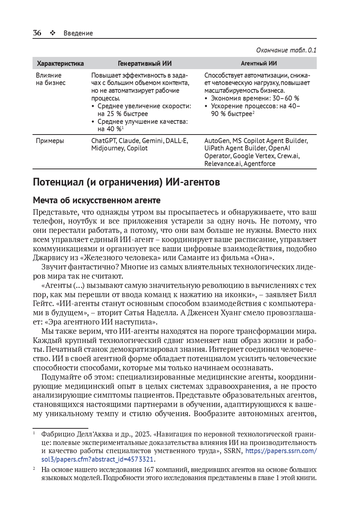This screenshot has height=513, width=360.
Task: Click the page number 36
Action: coord(37,33)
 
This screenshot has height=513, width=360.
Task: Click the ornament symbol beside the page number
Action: coord(53,33)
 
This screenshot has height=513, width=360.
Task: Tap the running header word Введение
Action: coord(78,33)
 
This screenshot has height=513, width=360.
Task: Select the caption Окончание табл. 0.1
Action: coord(286,50)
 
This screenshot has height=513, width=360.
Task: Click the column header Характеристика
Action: coord(60,64)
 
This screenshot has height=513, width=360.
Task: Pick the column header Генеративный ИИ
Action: coord(145,64)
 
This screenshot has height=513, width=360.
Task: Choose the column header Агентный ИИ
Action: coord(259,64)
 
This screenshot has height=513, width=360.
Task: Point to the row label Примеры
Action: coord(50,141)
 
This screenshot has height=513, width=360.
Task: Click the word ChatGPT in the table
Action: coord(104,141)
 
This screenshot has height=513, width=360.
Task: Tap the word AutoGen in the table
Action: coord(217,141)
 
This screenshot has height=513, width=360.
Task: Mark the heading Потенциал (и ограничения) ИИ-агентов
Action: coord(126,182)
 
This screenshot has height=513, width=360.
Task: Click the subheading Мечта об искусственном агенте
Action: coord(97,200)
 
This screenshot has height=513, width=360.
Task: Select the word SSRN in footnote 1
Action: coord(232,451)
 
